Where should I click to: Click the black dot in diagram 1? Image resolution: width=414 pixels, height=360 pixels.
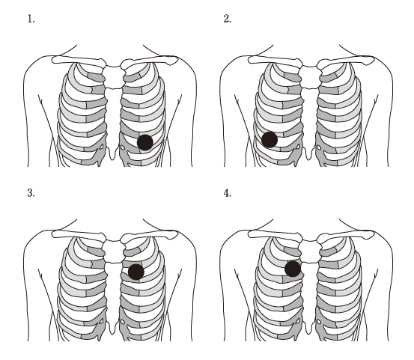click(x=145, y=142)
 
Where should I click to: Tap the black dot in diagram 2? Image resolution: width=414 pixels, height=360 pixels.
click(x=270, y=139)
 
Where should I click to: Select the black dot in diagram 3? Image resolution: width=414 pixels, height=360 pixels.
click(x=136, y=272)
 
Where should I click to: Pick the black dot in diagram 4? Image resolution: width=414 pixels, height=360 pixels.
click(x=293, y=269)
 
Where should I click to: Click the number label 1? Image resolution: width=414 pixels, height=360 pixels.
click(x=31, y=19)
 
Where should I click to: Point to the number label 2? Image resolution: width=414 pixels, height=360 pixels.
click(x=227, y=19)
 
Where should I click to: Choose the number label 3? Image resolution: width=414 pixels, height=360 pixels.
click(x=31, y=193)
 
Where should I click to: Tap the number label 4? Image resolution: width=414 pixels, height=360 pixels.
click(x=227, y=193)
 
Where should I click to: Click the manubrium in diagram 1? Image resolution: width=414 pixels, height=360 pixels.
click(x=114, y=77)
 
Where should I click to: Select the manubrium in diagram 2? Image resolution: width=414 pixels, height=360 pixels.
click(x=310, y=77)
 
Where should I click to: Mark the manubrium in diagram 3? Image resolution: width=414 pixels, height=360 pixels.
click(x=114, y=251)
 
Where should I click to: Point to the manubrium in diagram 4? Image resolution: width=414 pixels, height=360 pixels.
click(x=310, y=251)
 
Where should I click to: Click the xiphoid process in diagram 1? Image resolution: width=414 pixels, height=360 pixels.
click(x=112, y=153)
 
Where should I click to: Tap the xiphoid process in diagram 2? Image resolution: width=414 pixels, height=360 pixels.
click(x=308, y=153)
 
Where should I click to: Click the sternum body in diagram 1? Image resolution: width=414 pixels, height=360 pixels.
click(x=114, y=118)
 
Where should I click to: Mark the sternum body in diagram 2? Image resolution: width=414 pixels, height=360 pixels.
click(x=310, y=118)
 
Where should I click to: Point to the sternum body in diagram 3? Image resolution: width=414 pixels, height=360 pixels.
click(x=114, y=292)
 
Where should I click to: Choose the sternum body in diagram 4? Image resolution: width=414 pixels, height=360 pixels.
click(x=310, y=292)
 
